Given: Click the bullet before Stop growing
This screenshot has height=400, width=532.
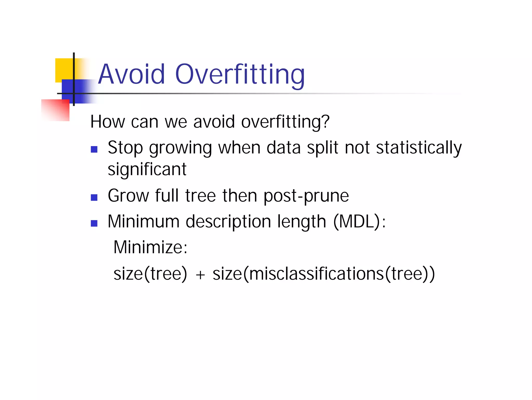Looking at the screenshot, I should coord(94,149).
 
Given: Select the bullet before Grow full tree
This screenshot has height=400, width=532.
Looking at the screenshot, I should coord(94,198).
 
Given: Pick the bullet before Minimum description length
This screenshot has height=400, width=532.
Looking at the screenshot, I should coord(94,223).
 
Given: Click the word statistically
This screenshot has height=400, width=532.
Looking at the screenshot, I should coord(419,148).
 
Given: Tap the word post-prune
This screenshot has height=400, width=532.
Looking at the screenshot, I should coord(306,196).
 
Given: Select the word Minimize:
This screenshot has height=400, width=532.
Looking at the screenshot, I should coord(150,247).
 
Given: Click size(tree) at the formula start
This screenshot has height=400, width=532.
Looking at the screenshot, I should coord(150,274).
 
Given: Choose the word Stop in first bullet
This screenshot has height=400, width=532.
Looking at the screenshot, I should coord(125,148).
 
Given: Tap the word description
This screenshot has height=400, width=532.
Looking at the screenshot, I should coord(228,222).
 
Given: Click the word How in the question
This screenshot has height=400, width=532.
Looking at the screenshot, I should coord(108,122).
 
